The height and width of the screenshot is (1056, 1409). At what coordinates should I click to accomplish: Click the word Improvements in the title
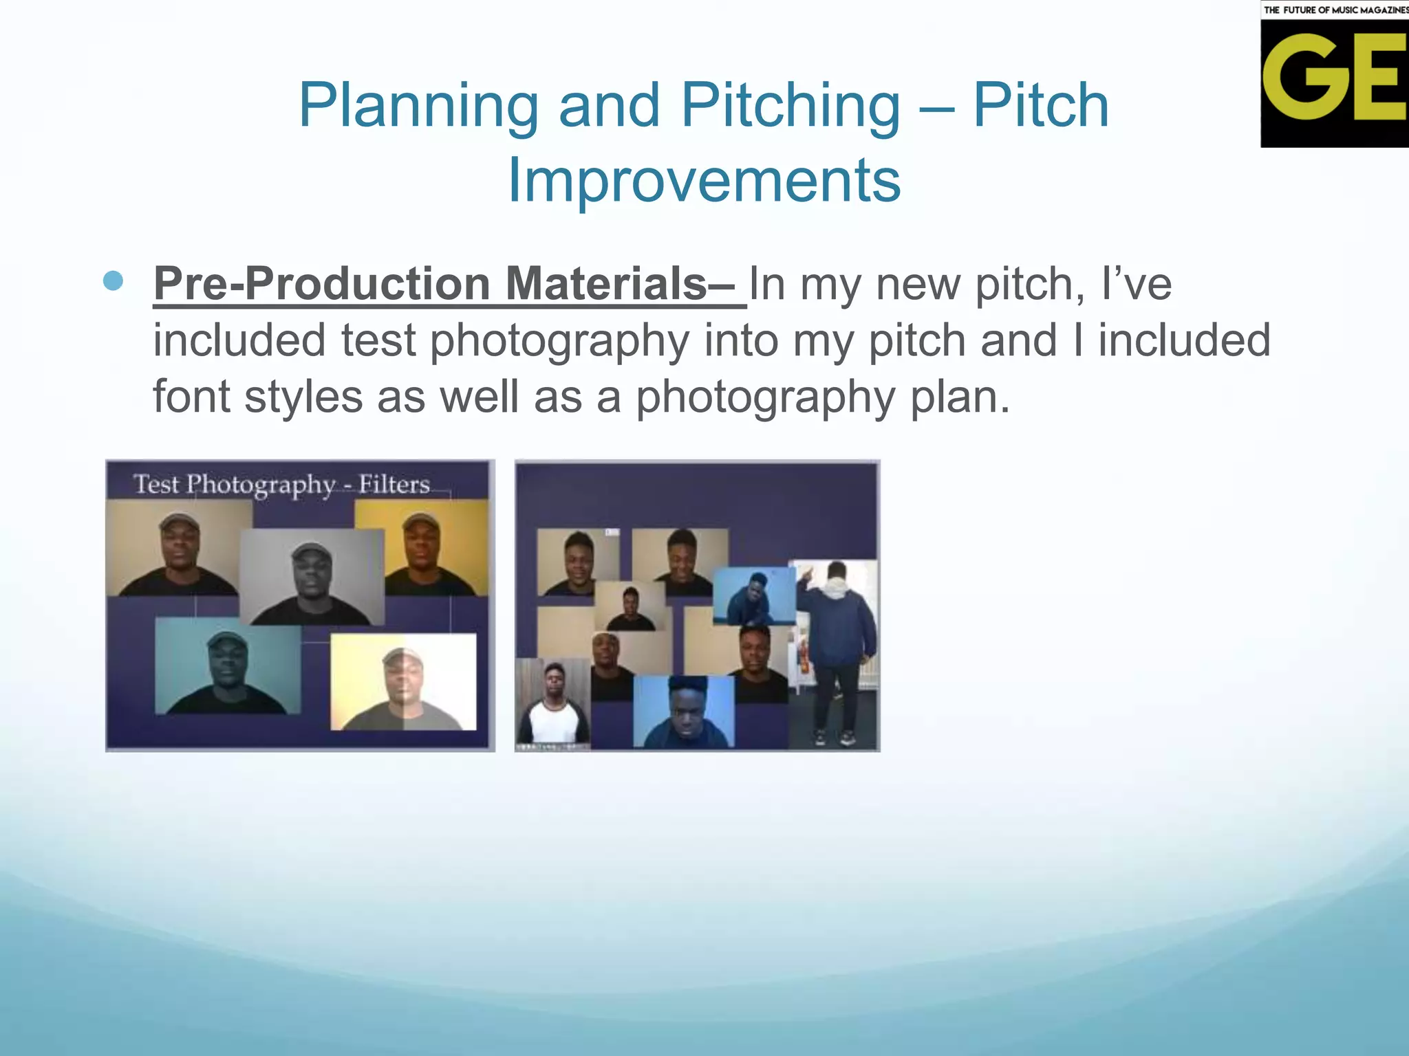[x=703, y=179]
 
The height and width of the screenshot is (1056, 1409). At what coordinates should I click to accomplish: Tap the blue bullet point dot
[x=113, y=280]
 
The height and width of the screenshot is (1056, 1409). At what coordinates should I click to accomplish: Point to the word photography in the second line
[x=559, y=341]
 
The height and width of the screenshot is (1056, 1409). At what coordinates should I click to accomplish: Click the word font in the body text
[x=191, y=397]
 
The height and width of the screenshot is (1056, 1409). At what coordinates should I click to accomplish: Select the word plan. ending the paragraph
[x=960, y=397]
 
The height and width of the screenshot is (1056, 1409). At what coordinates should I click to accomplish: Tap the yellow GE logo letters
[x=1333, y=78]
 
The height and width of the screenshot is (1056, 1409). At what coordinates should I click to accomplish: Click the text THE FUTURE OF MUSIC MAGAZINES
[x=1335, y=10]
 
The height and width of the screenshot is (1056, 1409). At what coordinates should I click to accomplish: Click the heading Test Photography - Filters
[x=281, y=484]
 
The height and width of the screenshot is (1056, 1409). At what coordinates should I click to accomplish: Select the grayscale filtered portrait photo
[x=312, y=577]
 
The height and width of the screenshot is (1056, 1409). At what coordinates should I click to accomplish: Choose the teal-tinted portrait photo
[x=228, y=666]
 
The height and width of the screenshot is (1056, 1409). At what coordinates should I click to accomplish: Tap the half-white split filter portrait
[x=403, y=681]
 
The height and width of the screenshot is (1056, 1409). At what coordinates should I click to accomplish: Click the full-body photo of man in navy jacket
[x=835, y=653]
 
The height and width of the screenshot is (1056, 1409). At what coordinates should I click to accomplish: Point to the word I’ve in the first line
[x=1137, y=284]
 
